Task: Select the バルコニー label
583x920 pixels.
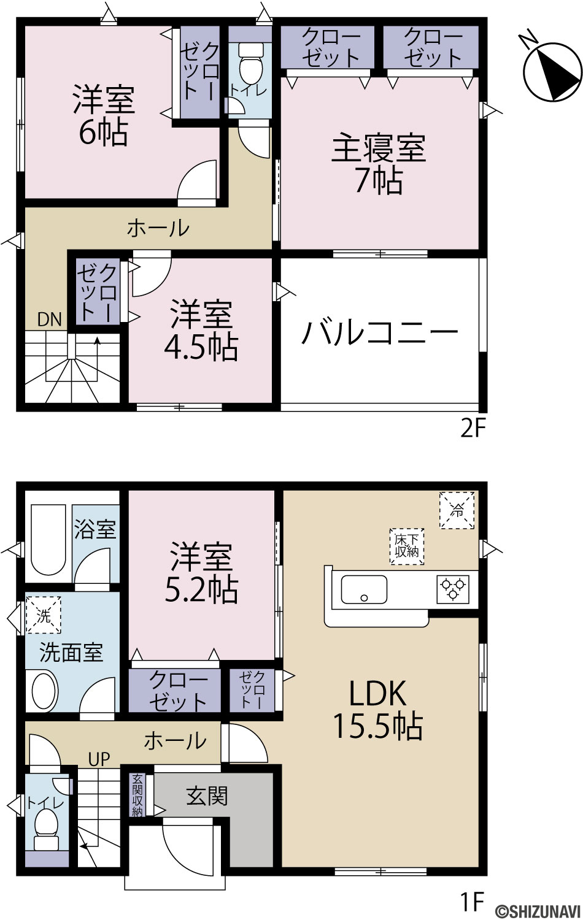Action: pyautogui.click(x=380, y=332)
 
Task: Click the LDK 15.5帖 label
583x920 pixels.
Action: pyautogui.click(x=378, y=709)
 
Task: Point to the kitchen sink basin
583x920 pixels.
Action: pyautogui.click(x=364, y=589)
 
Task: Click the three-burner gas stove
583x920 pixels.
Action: pyautogui.click(x=452, y=589)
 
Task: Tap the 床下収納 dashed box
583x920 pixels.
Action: pyautogui.click(x=407, y=546)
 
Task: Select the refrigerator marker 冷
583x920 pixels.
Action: pyautogui.click(x=457, y=510)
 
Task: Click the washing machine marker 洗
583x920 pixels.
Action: pyautogui.click(x=43, y=615)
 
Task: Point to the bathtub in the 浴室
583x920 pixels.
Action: pyautogui.click(x=48, y=540)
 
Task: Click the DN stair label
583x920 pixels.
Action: pyautogui.click(x=49, y=319)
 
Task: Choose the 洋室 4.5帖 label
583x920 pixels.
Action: pyautogui.click(x=201, y=331)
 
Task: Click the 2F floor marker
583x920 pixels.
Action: pyautogui.click(x=473, y=429)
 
